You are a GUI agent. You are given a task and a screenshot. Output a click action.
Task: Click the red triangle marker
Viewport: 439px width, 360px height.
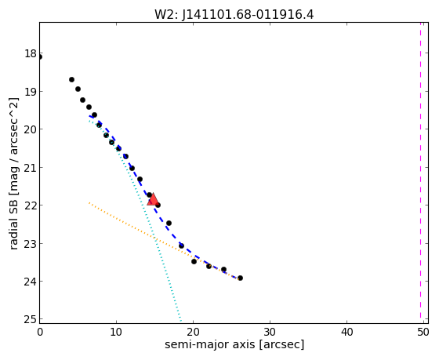(153, 199)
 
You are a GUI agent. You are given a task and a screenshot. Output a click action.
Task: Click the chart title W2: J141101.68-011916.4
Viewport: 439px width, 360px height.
(234, 14)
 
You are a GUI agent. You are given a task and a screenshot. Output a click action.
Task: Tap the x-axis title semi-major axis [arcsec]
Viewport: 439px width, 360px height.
(234, 344)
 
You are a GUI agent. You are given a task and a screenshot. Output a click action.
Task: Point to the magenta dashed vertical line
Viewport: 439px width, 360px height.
(420, 170)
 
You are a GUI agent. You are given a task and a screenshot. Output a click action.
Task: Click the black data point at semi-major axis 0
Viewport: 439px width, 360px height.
(39, 57)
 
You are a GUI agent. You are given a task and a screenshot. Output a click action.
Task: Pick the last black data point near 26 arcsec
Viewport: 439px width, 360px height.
(240, 278)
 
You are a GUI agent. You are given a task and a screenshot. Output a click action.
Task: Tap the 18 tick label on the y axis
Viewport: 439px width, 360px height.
(31, 53)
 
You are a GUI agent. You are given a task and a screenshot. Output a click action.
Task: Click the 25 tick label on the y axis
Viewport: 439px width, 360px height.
(31, 319)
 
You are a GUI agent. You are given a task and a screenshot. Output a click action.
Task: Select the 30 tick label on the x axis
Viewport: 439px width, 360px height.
(270, 333)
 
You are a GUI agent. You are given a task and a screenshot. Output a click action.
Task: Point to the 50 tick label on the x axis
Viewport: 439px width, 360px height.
(423, 333)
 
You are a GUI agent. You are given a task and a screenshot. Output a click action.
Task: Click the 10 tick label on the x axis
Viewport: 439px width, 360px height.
(116, 333)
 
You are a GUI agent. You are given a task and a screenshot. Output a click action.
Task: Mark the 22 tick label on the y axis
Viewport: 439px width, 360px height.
(31, 205)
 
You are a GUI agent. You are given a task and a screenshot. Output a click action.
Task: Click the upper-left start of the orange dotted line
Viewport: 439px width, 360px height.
(89, 202)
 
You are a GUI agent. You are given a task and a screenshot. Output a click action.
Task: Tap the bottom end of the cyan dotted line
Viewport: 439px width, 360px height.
(181, 321)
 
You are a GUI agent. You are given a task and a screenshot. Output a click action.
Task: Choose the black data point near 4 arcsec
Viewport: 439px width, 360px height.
(71, 79)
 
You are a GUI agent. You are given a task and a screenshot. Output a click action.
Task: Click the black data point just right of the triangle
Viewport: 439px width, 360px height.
(158, 205)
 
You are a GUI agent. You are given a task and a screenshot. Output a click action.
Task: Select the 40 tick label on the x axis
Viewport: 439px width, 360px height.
(346, 333)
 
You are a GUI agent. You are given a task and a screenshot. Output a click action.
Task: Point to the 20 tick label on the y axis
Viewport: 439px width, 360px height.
(31, 129)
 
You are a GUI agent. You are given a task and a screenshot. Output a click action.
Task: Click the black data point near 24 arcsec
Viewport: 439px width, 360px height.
(223, 270)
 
